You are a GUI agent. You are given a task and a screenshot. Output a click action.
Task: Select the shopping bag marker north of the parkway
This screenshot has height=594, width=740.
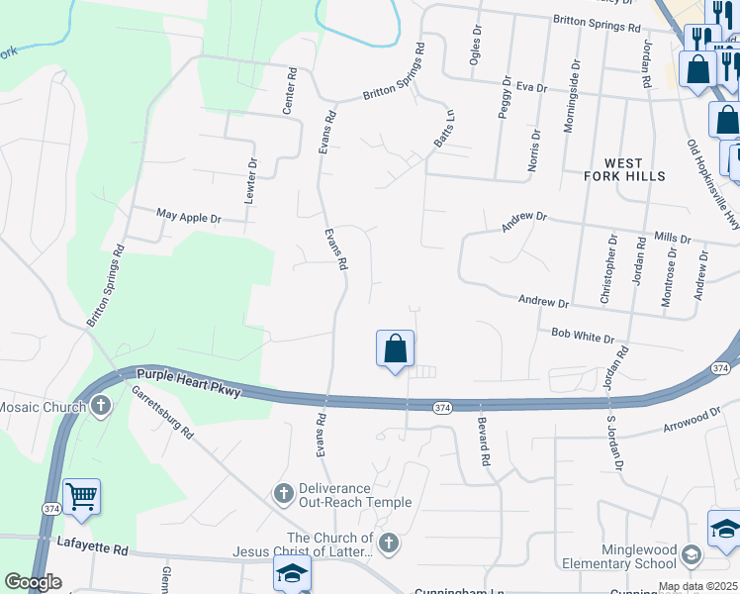(x=395, y=349)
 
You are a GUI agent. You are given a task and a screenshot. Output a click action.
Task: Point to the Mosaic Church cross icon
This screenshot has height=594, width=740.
(x=101, y=406)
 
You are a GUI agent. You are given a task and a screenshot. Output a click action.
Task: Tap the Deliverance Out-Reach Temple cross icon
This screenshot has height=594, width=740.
(x=283, y=493)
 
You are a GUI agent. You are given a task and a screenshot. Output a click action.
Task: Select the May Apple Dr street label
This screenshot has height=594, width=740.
(x=189, y=215)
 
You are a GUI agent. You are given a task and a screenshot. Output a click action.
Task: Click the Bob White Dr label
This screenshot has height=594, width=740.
(x=583, y=337)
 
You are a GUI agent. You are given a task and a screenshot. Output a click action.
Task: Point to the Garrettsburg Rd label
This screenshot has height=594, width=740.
(x=163, y=412)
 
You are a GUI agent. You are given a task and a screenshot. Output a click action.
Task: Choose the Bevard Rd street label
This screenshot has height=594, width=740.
(x=484, y=442)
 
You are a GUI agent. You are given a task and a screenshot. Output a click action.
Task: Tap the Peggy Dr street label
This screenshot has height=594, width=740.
(x=505, y=97)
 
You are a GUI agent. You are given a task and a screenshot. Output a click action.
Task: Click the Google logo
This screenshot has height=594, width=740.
(x=33, y=582)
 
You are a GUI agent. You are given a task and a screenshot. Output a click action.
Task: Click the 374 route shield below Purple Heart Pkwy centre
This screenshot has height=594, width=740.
(x=442, y=407)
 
